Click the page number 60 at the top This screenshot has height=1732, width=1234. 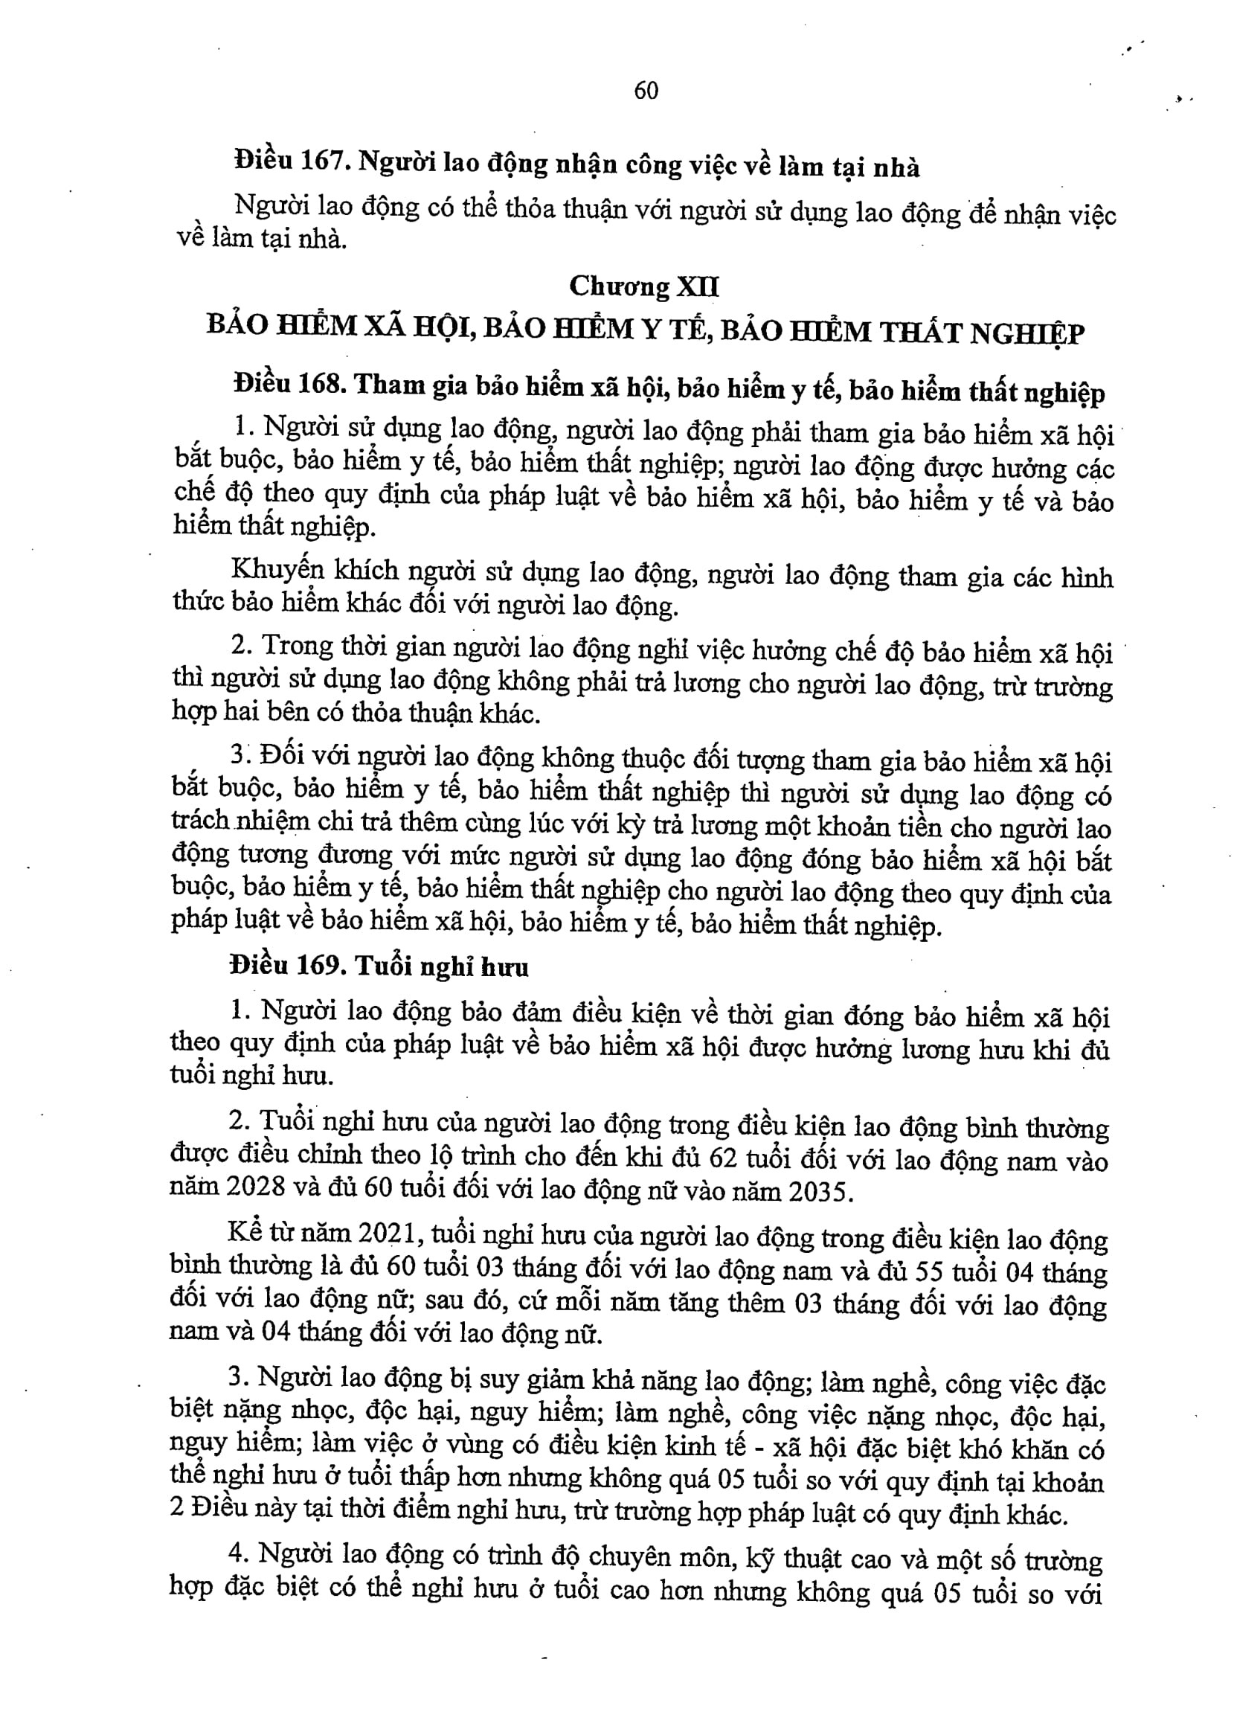tap(646, 92)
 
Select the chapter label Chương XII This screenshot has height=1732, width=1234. tap(643, 286)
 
